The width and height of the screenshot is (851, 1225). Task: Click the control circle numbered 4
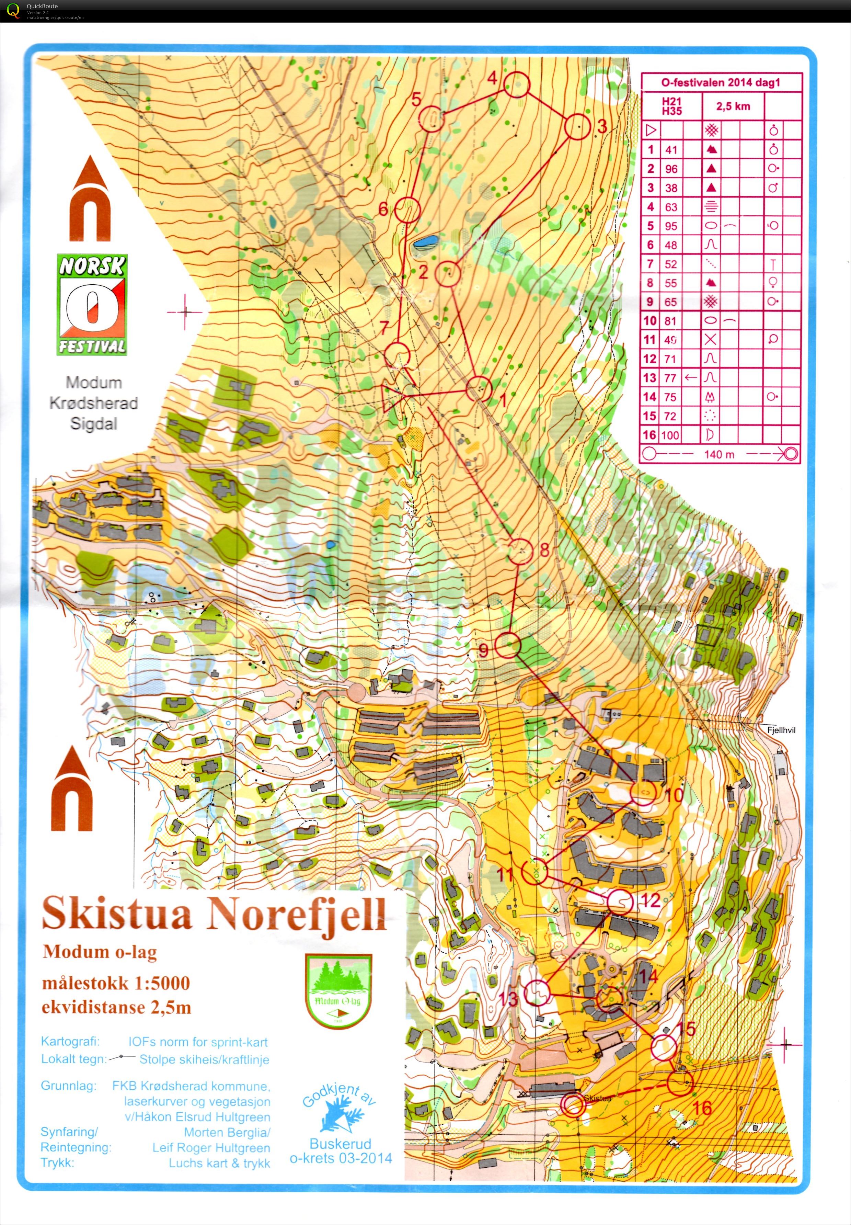tap(517, 85)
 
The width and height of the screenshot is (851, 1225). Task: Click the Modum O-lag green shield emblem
tap(338, 991)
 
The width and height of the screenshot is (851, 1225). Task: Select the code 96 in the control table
tap(671, 169)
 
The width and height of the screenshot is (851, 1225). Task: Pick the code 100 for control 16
tap(670, 435)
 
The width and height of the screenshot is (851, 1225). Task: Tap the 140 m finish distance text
tap(719, 454)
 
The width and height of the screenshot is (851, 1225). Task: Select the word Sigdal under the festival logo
tap(94, 424)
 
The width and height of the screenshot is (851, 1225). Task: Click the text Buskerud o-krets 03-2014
tap(341, 1151)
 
